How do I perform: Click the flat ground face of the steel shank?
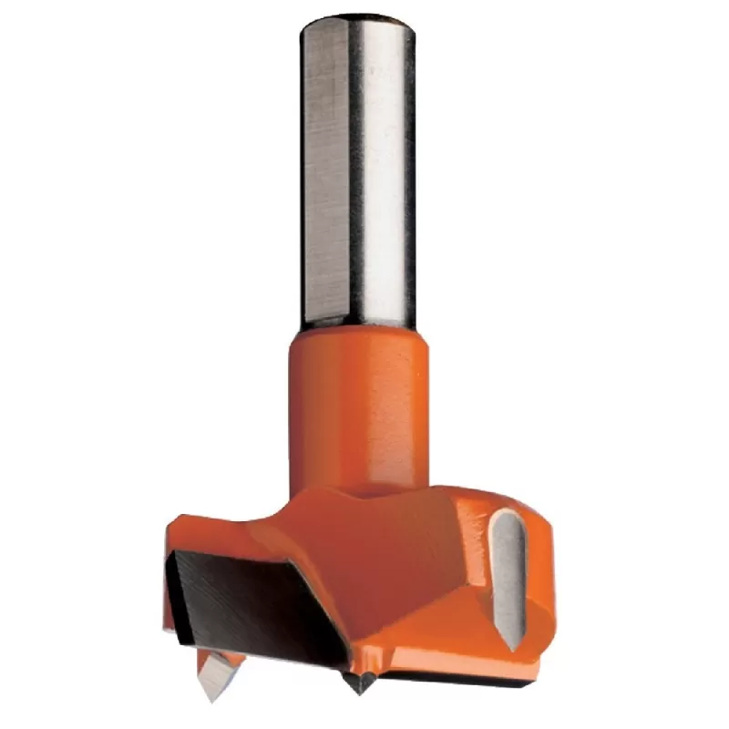323,173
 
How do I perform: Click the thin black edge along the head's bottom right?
465,678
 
